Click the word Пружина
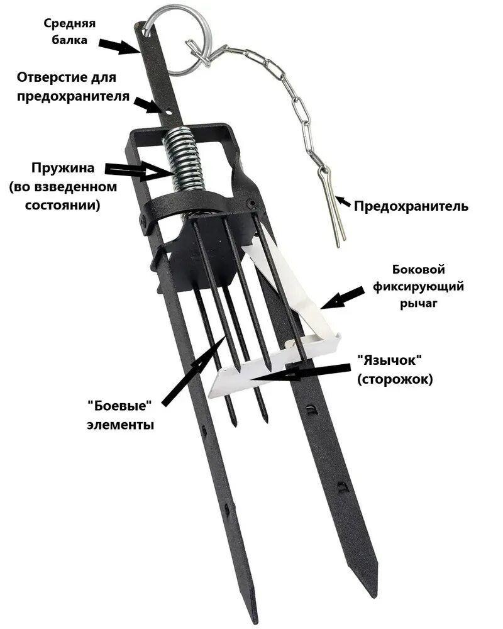point(63,169)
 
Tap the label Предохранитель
point(411,206)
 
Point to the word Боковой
point(418,270)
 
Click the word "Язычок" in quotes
point(388,361)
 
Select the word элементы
point(119,425)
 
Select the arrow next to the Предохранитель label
point(343,203)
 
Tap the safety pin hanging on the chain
point(333,208)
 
